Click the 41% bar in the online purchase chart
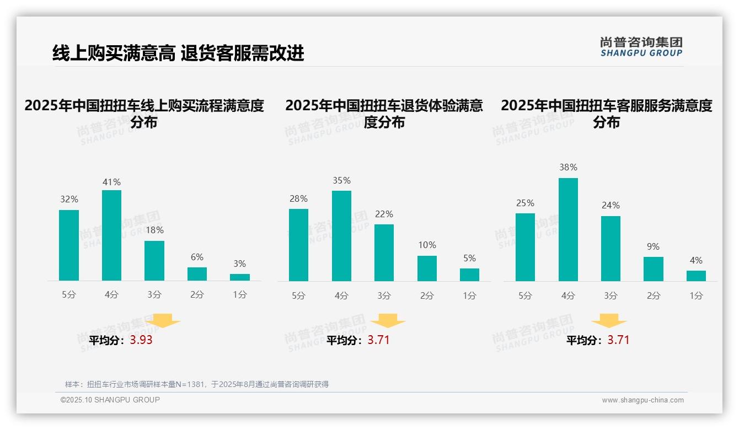pos(111,235)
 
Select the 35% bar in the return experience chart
pos(341,236)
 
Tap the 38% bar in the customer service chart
pos(568,229)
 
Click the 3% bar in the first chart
pos(240,277)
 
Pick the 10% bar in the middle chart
pos(427,268)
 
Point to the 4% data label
pos(696,260)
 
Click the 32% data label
pos(69,200)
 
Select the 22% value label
pos(384,214)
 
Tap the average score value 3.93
pos(141,340)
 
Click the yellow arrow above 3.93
pos(163,321)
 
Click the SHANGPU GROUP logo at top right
pos(641,47)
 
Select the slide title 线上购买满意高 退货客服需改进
pos(178,53)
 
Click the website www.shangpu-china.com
pos(642,400)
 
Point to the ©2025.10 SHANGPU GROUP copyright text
pos(110,400)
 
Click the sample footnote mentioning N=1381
pos(197,384)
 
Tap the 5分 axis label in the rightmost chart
pos(525,295)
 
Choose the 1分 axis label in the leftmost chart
pos(240,294)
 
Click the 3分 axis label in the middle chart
pos(384,295)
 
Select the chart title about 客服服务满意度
pos(606,114)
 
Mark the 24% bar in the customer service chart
pos(611,249)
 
